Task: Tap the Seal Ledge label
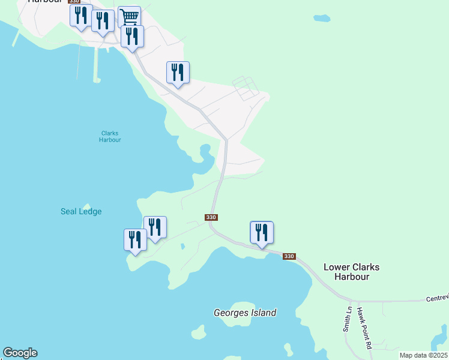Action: tap(81, 211)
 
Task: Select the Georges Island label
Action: tap(245, 313)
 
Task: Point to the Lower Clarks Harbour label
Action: tap(351, 272)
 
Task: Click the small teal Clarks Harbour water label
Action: tap(110, 136)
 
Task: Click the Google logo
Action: tap(20, 353)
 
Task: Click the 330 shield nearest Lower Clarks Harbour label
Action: tap(289, 256)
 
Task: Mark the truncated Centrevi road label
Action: tap(437, 298)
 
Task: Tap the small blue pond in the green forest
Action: tap(322, 17)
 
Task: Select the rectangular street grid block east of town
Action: tap(246, 88)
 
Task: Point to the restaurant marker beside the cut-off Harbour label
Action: tap(81, 16)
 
